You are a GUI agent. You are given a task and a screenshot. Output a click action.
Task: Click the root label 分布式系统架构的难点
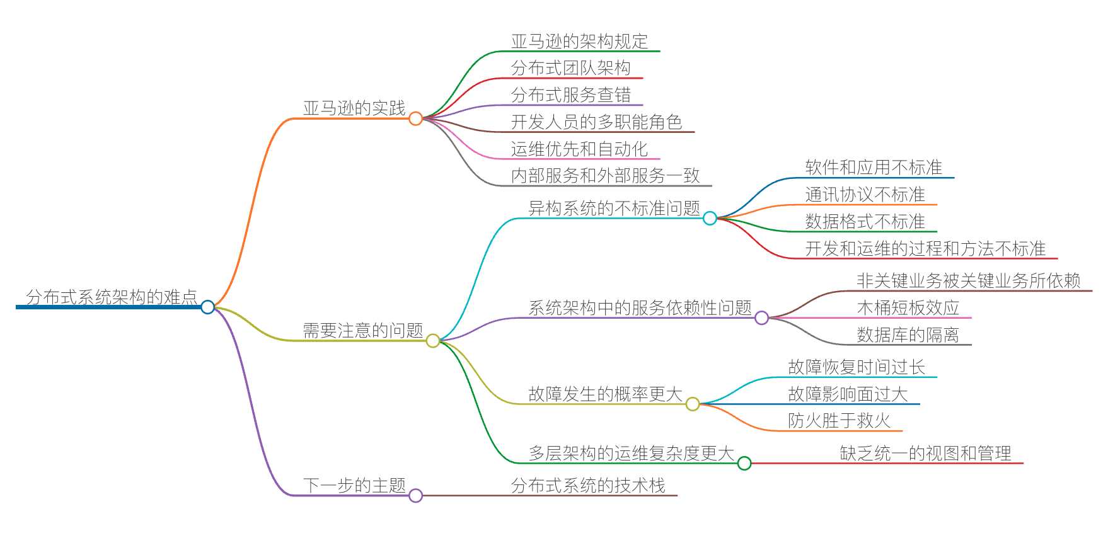tap(112, 297)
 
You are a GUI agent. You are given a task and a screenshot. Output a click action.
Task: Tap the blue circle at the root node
tap(207, 307)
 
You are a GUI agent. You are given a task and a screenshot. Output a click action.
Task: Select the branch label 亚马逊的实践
tap(354, 108)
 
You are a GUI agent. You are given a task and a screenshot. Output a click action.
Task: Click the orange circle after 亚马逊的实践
tap(415, 118)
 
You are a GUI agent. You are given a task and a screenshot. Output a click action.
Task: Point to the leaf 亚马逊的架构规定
tap(579, 42)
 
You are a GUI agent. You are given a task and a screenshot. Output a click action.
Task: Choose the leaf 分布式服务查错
tap(570, 95)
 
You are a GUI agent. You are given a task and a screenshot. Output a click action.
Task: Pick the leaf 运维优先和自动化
tap(579, 149)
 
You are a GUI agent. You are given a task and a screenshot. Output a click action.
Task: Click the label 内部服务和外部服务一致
tap(605, 176)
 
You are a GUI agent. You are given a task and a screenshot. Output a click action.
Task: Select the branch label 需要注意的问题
tap(362, 331)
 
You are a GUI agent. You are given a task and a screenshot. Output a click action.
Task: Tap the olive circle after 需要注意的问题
tap(433, 341)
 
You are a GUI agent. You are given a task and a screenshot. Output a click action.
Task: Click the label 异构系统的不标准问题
tap(614, 209)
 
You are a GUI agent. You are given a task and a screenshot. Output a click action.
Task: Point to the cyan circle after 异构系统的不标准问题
tap(710, 219)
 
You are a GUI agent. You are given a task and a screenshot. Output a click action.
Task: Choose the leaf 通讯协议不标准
tap(865, 195)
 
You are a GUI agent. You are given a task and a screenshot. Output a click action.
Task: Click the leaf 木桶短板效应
tap(908, 308)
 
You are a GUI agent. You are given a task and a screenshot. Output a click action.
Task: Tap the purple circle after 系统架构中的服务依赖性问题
tap(761, 318)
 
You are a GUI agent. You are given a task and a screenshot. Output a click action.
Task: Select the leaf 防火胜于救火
tap(839, 421)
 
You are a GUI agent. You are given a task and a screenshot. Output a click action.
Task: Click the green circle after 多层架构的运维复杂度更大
tap(744, 464)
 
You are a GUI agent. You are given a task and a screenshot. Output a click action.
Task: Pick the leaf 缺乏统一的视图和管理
tap(925, 454)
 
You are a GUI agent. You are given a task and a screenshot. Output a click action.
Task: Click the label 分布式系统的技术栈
tap(587, 486)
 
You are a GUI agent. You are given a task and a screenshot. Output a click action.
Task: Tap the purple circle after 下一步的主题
tap(415, 496)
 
